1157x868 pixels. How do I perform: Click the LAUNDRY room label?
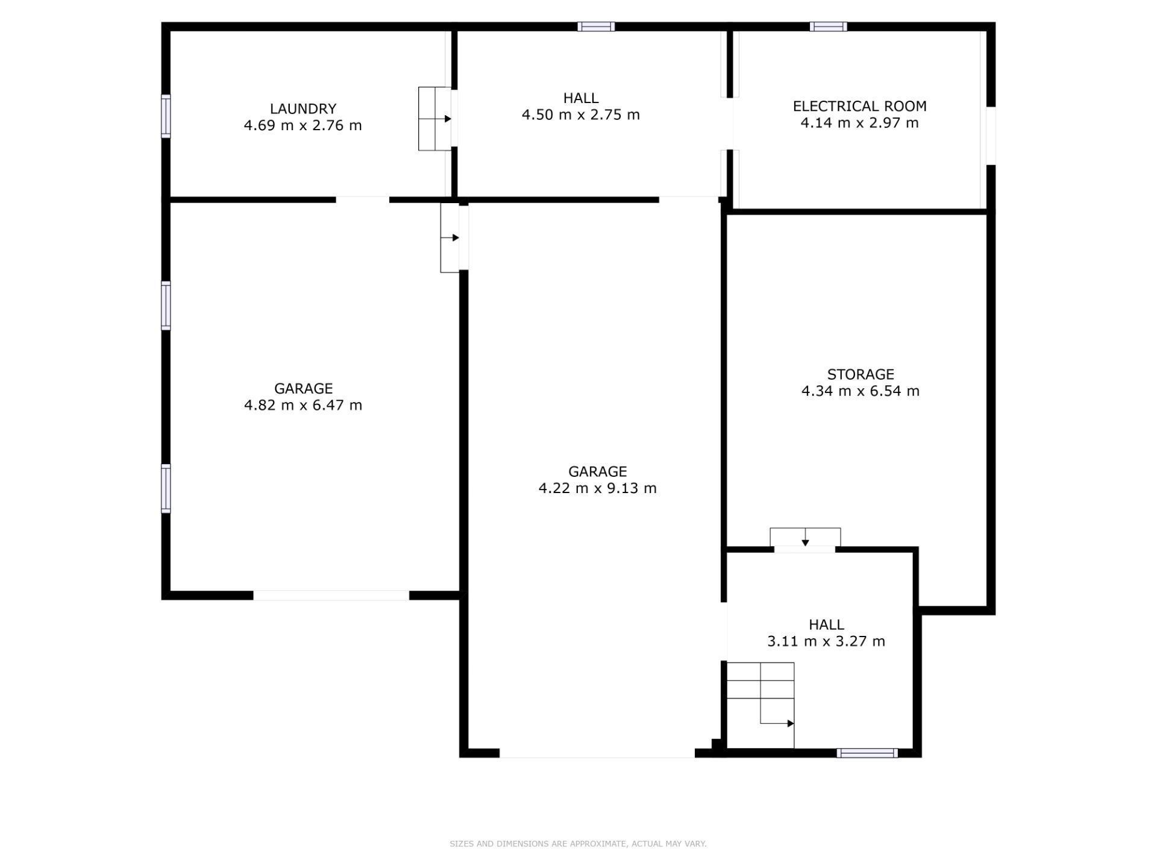pyautogui.click(x=303, y=109)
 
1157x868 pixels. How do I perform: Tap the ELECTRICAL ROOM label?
pyautogui.click(x=859, y=107)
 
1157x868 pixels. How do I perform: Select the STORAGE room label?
pyautogui.click(x=860, y=374)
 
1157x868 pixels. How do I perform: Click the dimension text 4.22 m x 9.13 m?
pyautogui.click(x=597, y=488)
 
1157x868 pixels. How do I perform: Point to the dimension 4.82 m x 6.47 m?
pyautogui.click(x=303, y=405)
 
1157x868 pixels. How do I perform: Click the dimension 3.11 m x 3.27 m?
pyautogui.click(x=826, y=641)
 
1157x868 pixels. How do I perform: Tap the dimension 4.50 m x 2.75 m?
pyautogui.click(x=580, y=115)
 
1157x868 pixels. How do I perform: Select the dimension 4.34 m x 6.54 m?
pyautogui.click(x=860, y=391)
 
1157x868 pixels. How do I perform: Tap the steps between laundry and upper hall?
pyautogui.click(x=434, y=119)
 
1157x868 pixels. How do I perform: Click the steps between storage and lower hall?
pyautogui.click(x=804, y=537)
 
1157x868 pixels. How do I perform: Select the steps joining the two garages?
pyautogui.click(x=450, y=237)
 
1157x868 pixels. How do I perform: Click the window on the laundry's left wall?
pyautogui.click(x=166, y=116)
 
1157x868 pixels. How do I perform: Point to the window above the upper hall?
pyautogui.click(x=596, y=27)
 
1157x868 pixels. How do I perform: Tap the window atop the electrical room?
pyautogui.click(x=828, y=27)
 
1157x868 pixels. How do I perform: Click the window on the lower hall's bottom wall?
pyautogui.click(x=867, y=753)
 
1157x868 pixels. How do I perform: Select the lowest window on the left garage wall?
pyautogui.click(x=166, y=488)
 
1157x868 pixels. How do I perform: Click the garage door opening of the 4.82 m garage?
pyautogui.click(x=331, y=596)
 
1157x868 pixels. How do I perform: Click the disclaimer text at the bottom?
pyautogui.click(x=578, y=844)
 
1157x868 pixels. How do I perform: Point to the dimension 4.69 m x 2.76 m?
pyautogui.click(x=303, y=126)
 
